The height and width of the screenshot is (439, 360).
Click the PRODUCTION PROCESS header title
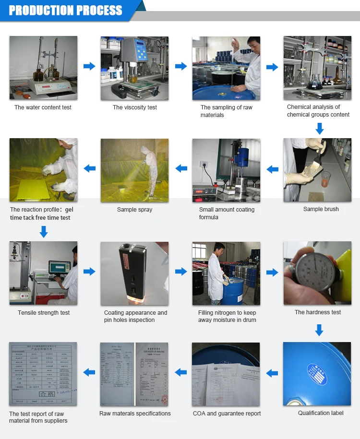(66, 10)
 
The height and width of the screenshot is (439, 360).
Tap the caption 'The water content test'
(43, 107)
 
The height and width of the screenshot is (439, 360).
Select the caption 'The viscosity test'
(135, 107)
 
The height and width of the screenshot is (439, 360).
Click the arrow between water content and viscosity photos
(89, 67)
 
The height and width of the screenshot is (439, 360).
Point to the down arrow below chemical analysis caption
(319, 128)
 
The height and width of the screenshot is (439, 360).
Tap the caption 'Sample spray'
(135, 210)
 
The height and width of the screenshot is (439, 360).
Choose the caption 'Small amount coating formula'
(227, 214)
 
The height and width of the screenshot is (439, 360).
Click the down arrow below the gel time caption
(44, 232)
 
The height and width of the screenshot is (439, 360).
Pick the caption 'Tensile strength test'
(44, 313)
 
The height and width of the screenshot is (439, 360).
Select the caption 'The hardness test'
(317, 312)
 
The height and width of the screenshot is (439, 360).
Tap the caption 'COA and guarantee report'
(227, 414)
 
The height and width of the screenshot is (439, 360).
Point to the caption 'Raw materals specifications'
(135, 414)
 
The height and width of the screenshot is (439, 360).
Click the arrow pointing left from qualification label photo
(272, 373)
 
